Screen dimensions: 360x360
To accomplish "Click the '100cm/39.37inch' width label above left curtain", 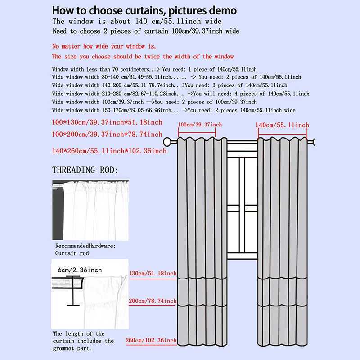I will point(200,125).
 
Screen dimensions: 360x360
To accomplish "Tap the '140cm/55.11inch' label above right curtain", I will point(282,125).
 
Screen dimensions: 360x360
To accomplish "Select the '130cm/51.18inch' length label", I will point(153,274).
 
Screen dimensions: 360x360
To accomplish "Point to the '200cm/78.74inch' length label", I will point(153,301).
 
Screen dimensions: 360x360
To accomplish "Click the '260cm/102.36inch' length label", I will point(152,341).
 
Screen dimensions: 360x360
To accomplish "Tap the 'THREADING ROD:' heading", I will point(85,170).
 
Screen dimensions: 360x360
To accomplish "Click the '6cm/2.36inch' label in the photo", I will point(80,270).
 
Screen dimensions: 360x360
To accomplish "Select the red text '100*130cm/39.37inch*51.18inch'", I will point(107,122).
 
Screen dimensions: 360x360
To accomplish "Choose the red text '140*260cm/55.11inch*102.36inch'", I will point(109,151).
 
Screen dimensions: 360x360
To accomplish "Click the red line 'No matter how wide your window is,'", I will point(104,46).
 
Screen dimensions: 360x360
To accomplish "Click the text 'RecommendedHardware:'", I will point(85,246).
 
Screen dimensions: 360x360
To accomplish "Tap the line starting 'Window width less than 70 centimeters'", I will point(154,69).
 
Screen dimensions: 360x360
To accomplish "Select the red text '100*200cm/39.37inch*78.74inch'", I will point(107,134).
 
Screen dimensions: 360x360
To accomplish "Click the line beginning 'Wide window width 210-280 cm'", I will point(180,94).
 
